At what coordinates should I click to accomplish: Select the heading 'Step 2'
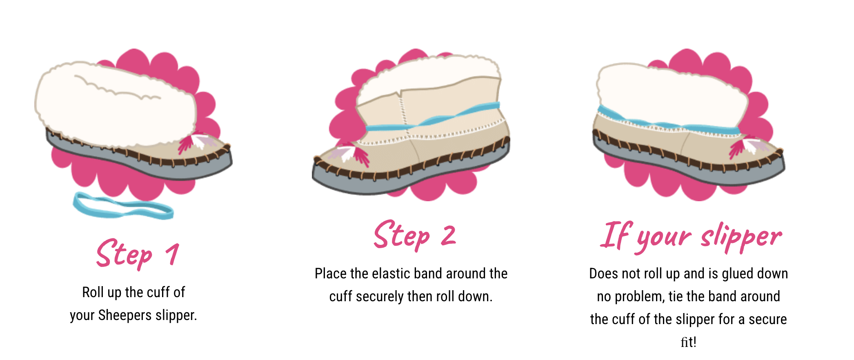tap(415, 236)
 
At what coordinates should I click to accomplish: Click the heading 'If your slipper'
tap(690, 237)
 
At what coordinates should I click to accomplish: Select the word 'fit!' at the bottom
tap(688, 342)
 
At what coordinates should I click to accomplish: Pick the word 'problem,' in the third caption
tap(640, 297)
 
